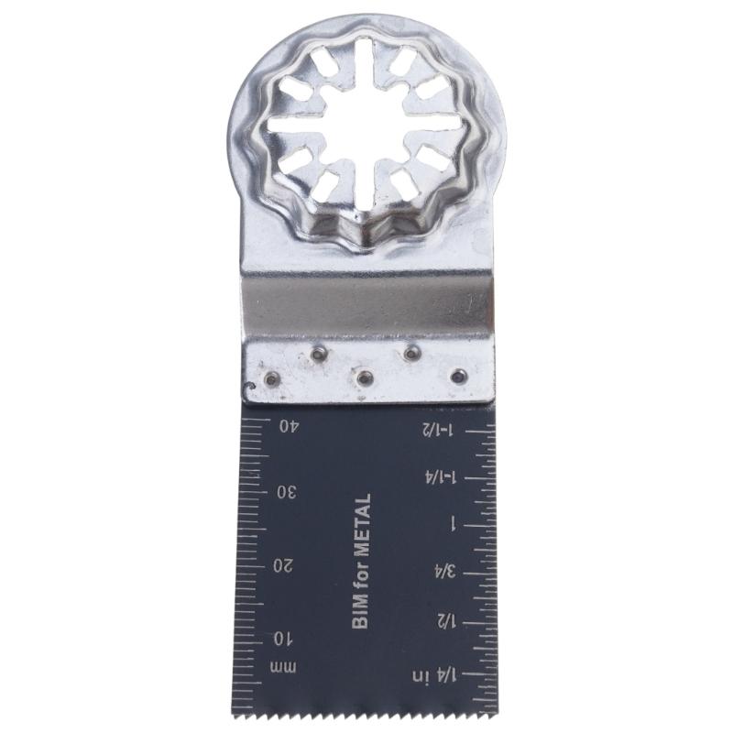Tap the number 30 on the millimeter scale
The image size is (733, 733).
tap(287, 493)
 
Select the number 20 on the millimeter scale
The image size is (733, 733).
tap(284, 566)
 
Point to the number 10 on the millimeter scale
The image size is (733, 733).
tap(282, 639)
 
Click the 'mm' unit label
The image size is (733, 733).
tap(283, 668)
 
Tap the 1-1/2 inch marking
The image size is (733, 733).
tap(438, 429)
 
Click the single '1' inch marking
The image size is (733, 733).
tap(453, 525)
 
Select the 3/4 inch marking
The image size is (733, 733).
tap(445, 571)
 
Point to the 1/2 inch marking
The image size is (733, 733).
tap(446, 621)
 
